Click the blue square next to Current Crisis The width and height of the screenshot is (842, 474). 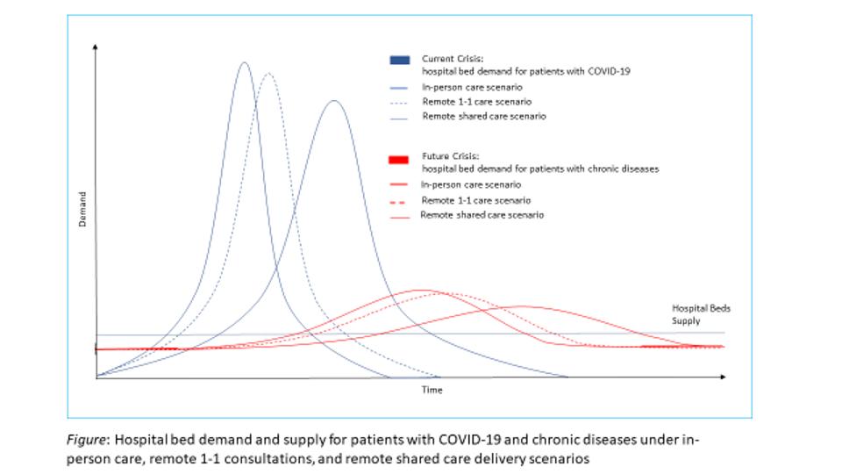pyautogui.click(x=399, y=60)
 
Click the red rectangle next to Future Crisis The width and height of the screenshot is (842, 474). pyautogui.click(x=399, y=158)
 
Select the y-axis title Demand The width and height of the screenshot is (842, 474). pyautogui.click(x=82, y=209)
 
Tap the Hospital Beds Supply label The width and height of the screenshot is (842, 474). pyautogui.click(x=700, y=314)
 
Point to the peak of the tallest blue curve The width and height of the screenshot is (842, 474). pyautogui.click(x=244, y=62)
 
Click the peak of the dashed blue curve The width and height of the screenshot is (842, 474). pyautogui.click(x=268, y=74)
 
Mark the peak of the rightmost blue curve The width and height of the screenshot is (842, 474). pyautogui.click(x=333, y=101)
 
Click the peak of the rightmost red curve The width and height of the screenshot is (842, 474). pyautogui.click(x=523, y=306)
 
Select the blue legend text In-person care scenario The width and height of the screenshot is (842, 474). pyautogui.click(x=471, y=88)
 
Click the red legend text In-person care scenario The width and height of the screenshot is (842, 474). pyautogui.click(x=471, y=185)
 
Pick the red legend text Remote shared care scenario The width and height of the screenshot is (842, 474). pyautogui.click(x=482, y=215)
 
